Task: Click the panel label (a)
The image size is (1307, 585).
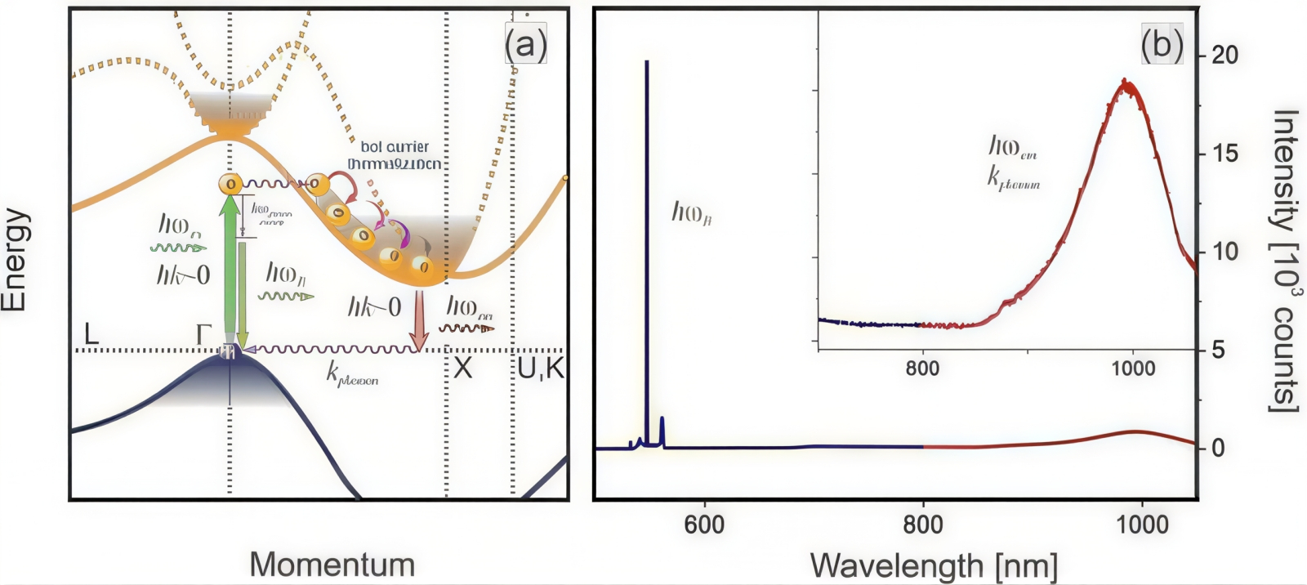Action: coord(525,45)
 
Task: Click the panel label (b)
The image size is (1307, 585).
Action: coord(1162,45)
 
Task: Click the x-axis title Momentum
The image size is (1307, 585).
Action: coord(332,565)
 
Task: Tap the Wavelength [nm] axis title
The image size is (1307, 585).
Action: coord(934,565)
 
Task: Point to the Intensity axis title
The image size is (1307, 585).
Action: coord(1286,260)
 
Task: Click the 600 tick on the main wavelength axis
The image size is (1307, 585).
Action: coord(704,524)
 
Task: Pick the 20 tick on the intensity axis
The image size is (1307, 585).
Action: coord(1224,56)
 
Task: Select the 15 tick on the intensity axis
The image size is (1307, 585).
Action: coord(1224,154)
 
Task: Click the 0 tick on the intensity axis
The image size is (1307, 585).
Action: coord(1218,448)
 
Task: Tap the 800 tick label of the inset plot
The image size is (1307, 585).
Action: coord(922,368)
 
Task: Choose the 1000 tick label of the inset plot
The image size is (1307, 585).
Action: coord(1132,368)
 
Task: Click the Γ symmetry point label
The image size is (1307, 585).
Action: coord(203,334)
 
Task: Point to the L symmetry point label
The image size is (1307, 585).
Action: coord(91,333)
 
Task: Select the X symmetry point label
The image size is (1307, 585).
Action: coord(462,368)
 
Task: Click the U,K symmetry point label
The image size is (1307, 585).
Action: coord(541,368)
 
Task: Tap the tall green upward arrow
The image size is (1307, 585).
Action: coord(230,270)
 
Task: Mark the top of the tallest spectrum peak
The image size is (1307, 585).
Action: coord(647,62)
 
